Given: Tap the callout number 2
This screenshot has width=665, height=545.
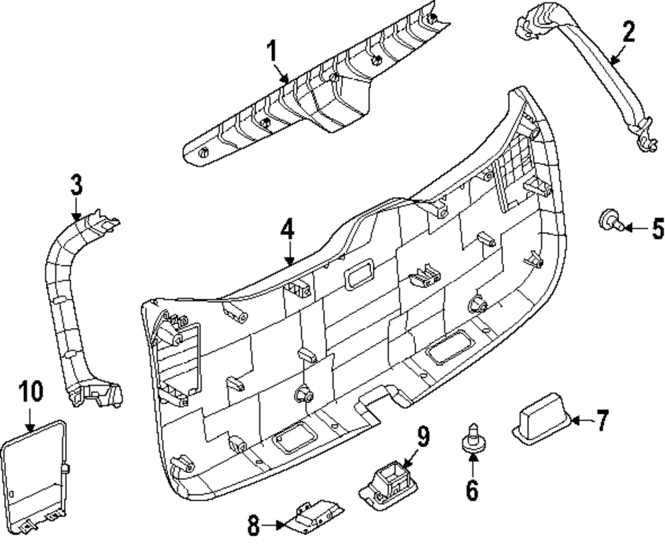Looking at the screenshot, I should [628, 31].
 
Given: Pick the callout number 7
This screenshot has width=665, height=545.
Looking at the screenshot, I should [601, 421].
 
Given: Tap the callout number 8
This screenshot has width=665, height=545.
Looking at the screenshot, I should [253, 526].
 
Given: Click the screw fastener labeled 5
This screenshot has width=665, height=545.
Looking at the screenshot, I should [610, 220].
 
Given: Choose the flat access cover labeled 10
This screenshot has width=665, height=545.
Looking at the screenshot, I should [33, 476].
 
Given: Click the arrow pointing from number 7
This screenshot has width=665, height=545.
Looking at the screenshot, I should [581, 421].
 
